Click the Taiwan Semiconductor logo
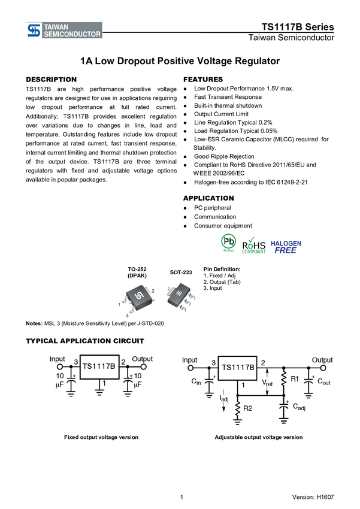pyautogui.click(x=63, y=31)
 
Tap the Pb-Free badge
pyautogui.click(x=228, y=243)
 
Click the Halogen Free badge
pyautogui.click(x=286, y=246)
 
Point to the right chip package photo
pyautogui.click(x=181, y=296)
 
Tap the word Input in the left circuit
pyautogui.click(x=58, y=359)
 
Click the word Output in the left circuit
pyautogui.click(x=142, y=359)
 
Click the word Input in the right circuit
pyautogui.click(x=189, y=360)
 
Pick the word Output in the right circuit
pyautogui.click(x=322, y=360)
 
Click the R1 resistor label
pyautogui.click(x=294, y=379)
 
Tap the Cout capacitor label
pyautogui.click(x=323, y=381)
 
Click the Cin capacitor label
pyautogui.click(x=196, y=381)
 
